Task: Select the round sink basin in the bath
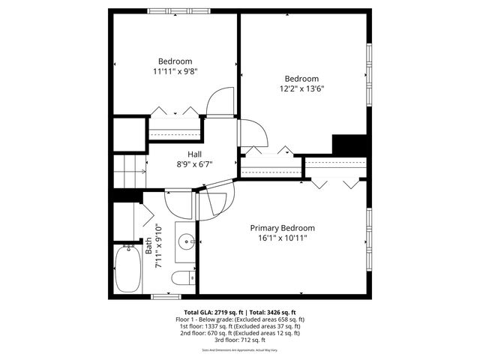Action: point(186,241)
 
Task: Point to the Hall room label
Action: point(195,154)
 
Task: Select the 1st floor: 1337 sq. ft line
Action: point(240,326)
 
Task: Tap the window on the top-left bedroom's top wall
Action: point(169,10)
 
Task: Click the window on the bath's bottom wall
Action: point(166,296)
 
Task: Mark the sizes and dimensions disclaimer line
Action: point(240,349)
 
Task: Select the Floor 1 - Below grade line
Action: point(240,319)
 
